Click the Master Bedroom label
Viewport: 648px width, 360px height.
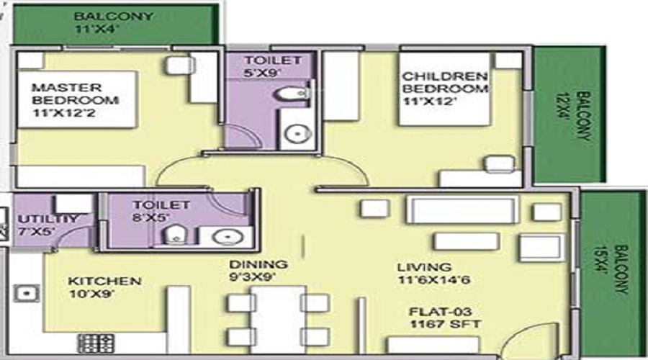pyautogui.click(x=75, y=100)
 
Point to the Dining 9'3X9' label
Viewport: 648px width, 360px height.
pyautogui.click(x=258, y=271)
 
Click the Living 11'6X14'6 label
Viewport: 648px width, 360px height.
pyautogui.click(x=433, y=273)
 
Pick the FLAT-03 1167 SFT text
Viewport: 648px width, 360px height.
pyautogui.click(x=445, y=318)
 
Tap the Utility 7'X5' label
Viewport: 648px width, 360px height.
pyautogui.click(x=48, y=225)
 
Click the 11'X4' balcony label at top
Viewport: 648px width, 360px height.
pyautogui.click(x=113, y=23)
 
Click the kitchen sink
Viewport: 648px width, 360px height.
pyautogui.click(x=27, y=294)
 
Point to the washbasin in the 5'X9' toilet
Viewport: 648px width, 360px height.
pyautogui.click(x=297, y=134)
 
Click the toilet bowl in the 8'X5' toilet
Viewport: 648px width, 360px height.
pyautogui.click(x=175, y=235)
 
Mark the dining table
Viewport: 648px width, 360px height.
pyautogui.click(x=278, y=319)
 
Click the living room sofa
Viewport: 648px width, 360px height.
pyautogui.click(x=462, y=210)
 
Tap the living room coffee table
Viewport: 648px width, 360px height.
pyautogui.click(x=466, y=241)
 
